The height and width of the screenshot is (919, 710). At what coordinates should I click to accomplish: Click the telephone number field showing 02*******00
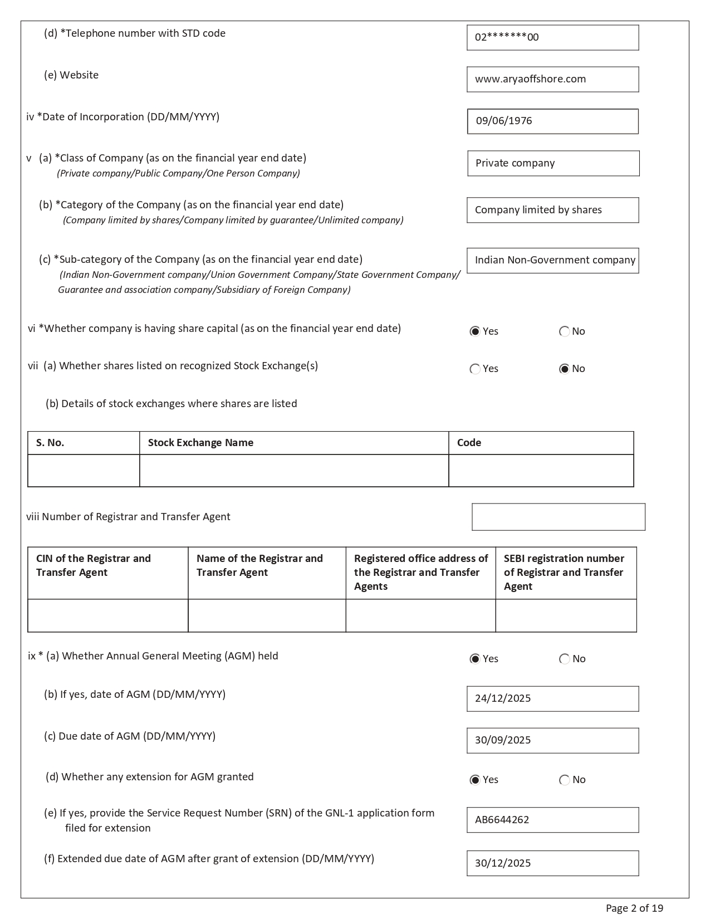point(552,38)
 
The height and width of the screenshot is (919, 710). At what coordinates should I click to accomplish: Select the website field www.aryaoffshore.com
point(552,80)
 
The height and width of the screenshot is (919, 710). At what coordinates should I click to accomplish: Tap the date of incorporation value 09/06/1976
point(552,121)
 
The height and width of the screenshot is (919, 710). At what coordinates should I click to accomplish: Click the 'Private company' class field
point(553,163)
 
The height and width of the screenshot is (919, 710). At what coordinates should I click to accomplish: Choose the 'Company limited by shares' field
point(552,210)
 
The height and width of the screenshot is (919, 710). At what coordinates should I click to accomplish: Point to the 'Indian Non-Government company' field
point(552,261)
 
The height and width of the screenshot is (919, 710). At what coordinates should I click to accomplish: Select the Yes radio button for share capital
point(475,332)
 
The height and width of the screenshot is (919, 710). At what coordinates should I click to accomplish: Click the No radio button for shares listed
point(564,369)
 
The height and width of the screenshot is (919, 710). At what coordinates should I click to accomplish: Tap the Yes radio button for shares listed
point(475,369)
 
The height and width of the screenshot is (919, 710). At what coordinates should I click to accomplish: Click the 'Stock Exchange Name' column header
point(200,443)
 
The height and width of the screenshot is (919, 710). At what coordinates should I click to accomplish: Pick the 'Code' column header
point(469,443)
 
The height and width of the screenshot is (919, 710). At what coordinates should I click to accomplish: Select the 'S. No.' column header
point(50,443)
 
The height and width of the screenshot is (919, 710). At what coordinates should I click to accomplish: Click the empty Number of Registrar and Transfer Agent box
point(558,517)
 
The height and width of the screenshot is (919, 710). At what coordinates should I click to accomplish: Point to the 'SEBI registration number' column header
point(564,573)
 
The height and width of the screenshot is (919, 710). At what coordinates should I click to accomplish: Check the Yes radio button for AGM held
point(475,659)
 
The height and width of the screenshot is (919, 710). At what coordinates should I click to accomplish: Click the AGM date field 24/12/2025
point(552,699)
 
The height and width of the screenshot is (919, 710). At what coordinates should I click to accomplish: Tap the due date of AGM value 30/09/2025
point(552,741)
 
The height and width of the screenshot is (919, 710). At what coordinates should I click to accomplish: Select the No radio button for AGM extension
point(565,780)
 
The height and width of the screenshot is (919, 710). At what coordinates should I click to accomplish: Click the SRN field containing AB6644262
point(552,820)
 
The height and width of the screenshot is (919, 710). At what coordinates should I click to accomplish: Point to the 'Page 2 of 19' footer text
point(634,908)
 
